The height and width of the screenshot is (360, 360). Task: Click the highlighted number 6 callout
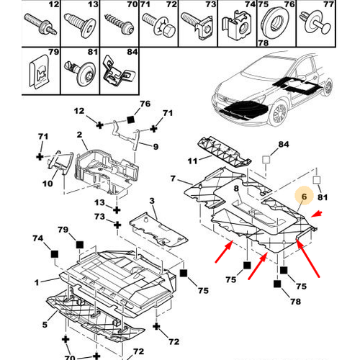click(304, 196)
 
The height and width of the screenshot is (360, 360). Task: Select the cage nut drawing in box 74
click(237, 25)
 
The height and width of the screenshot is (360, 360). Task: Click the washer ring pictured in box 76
click(276, 23)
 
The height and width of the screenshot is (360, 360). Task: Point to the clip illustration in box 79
click(40, 71)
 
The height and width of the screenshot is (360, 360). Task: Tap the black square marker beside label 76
click(130, 120)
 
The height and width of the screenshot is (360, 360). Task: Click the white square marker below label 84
click(266, 159)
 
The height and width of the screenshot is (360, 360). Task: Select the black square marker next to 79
click(80, 245)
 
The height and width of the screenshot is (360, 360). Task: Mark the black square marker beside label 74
click(55, 253)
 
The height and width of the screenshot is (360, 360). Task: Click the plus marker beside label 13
click(117, 210)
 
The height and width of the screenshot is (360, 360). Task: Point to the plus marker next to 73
click(117, 225)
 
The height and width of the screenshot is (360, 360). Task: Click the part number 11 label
click(192, 161)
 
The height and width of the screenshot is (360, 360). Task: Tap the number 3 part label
click(152, 201)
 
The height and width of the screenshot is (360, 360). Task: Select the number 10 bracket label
click(48, 184)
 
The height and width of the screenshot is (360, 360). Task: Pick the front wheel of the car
click(279, 113)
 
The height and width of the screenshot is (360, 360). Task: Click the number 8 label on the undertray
click(236, 189)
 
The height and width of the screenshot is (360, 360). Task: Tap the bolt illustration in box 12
click(41, 24)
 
